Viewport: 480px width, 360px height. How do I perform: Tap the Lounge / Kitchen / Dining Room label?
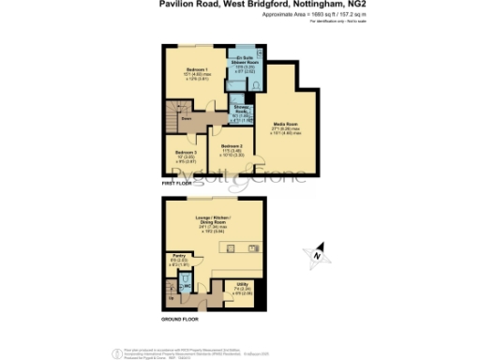click(222, 218)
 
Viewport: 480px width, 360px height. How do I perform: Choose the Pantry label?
click(179, 255)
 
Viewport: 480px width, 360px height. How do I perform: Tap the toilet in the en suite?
click(259, 82)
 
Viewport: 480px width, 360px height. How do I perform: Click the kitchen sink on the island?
click(254, 247)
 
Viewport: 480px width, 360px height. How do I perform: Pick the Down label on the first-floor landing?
click(186, 120)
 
